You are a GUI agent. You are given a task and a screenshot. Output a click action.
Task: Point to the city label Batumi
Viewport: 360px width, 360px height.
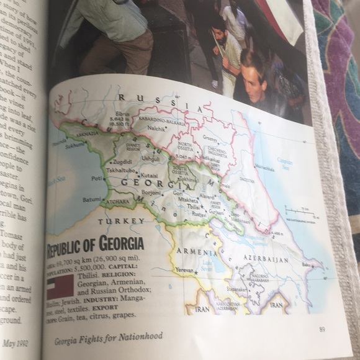pos(91,200)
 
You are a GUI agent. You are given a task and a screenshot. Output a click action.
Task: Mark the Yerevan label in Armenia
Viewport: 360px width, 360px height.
pos(185,271)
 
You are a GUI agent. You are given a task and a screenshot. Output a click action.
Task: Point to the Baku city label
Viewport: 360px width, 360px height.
pos(322,264)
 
